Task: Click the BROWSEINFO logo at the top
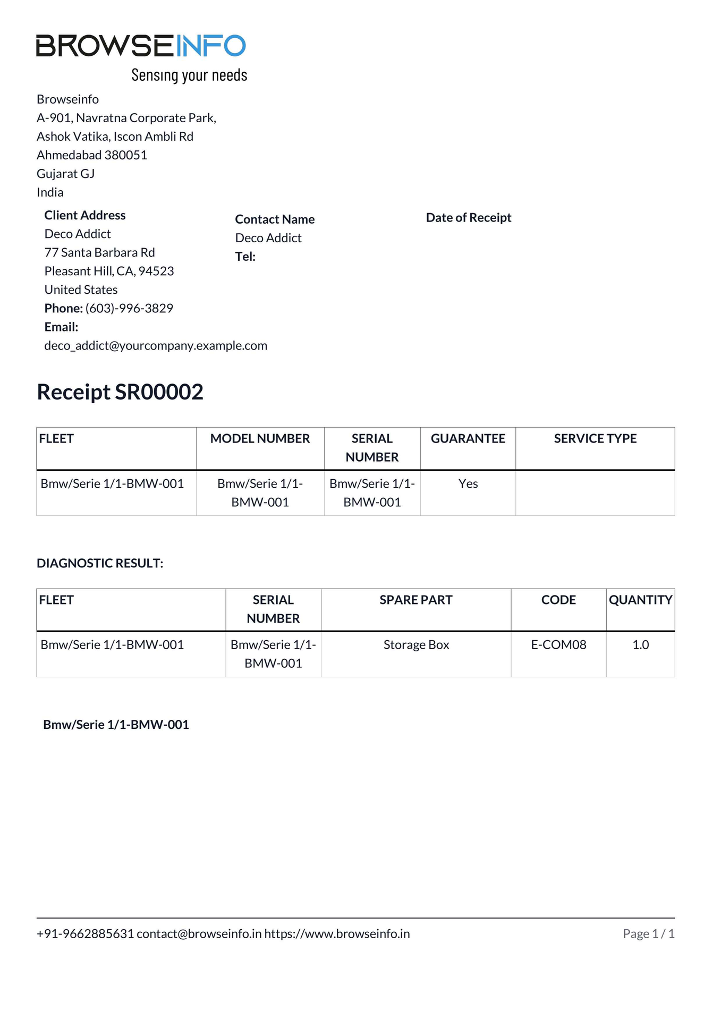click(x=141, y=46)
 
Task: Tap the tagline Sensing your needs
click(x=189, y=75)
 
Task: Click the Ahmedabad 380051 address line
click(x=92, y=155)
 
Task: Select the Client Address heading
click(x=85, y=215)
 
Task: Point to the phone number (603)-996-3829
click(x=129, y=308)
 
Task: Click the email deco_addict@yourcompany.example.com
click(x=156, y=346)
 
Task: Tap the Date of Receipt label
click(x=468, y=218)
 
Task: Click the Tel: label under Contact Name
click(x=245, y=257)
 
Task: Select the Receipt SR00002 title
click(x=120, y=392)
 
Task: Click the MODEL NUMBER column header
click(x=260, y=439)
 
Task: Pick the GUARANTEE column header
click(x=468, y=439)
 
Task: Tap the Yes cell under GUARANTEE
click(x=468, y=484)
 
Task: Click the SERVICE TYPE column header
click(x=595, y=439)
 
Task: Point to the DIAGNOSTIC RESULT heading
click(x=100, y=563)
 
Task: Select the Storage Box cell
click(x=416, y=645)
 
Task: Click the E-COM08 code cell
click(x=558, y=645)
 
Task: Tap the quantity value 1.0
click(x=640, y=645)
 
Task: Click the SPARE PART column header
click(x=415, y=600)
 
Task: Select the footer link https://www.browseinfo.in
click(x=337, y=934)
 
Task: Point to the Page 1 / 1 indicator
click(x=648, y=934)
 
